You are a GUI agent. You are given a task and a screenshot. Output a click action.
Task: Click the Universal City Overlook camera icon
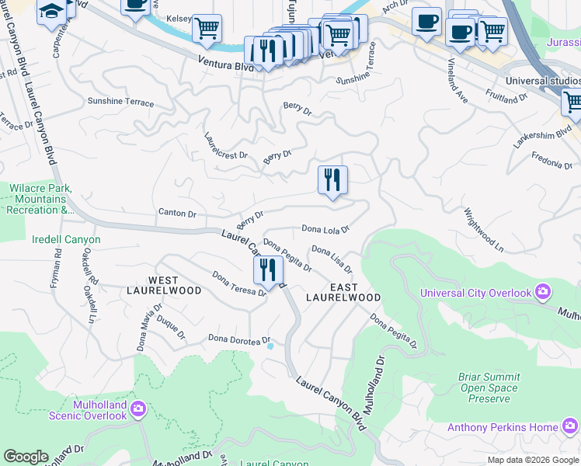tap(542, 292)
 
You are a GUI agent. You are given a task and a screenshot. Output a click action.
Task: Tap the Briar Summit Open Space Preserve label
tap(489, 388)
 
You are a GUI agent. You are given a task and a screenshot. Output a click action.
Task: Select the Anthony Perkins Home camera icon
tap(569, 426)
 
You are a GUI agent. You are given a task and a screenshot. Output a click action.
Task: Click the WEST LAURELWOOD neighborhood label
tap(175, 285)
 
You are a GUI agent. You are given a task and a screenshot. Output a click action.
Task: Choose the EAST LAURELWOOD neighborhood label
tap(343, 292)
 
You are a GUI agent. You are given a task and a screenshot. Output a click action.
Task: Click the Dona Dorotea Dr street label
tap(238, 339)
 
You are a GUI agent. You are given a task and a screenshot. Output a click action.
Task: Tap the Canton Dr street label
tap(177, 213)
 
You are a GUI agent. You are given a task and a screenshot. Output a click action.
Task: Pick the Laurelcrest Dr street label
tap(225, 145)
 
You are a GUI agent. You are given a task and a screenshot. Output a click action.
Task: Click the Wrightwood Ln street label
tap(483, 227)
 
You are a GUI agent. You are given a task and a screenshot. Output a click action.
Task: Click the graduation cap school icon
tap(52, 12)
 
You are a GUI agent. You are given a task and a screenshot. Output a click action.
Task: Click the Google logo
tap(26, 457)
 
